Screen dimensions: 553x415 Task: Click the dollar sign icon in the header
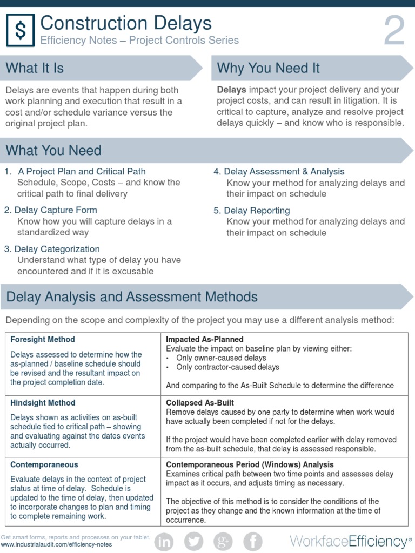tap(21, 31)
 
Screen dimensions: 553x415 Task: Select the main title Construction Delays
tap(126, 23)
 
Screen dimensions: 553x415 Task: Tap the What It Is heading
tap(35, 68)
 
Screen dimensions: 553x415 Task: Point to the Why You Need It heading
tap(268, 68)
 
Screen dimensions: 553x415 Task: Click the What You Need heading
tap(53, 150)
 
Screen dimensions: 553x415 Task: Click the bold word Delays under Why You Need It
tap(232, 90)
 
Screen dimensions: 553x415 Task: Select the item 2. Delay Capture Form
tap(51, 210)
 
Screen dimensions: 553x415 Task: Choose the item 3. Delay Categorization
tap(52, 249)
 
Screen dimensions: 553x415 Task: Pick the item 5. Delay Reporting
tap(252, 211)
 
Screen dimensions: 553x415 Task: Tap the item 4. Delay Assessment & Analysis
tap(279, 172)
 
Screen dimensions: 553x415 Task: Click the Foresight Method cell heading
tap(43, 340)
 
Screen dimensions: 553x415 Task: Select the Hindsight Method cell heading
tap(43, 403)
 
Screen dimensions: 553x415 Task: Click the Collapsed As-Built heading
tap(200, 403)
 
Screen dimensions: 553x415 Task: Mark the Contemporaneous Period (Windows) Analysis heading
tap(250, 464)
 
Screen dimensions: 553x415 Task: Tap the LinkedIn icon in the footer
tap(164, 541)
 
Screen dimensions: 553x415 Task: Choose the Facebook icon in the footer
tap(252, 541)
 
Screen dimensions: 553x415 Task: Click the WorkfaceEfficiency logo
tap(349, 542)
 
